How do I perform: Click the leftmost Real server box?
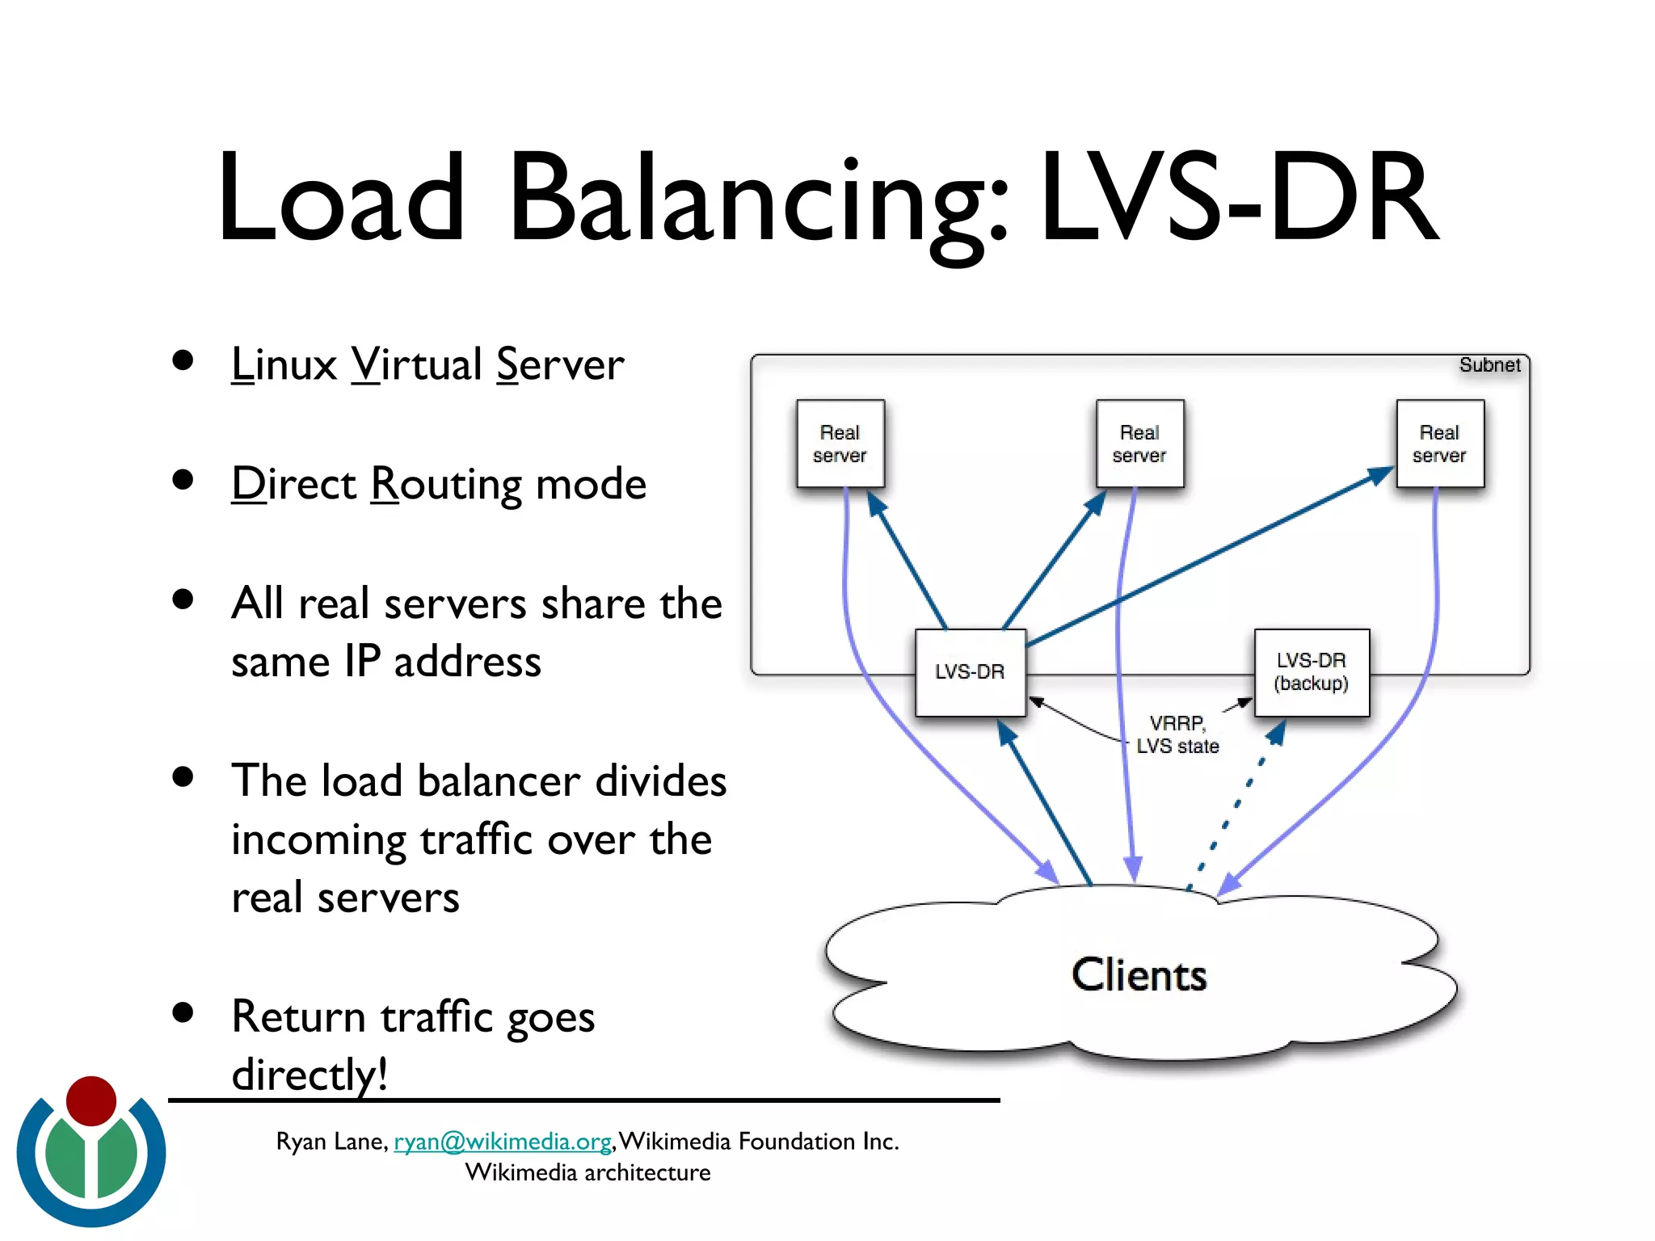point(840,444)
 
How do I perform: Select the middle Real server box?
point(1139,444)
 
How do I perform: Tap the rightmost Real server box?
point(1439,444)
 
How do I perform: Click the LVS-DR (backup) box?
point(1311,672)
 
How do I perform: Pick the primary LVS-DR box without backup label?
point(970,672)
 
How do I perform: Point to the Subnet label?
point(1489,365)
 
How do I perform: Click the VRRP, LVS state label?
point(1177,734)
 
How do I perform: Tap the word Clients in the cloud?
point(1139,974)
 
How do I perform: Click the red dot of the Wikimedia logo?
point(91,1100)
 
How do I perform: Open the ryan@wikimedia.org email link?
point(502,1141)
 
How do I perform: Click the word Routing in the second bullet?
point(446,484)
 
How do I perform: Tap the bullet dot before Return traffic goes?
point(183,1012)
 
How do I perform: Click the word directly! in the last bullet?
point(310,1075)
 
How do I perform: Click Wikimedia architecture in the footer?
point(587,1172)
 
